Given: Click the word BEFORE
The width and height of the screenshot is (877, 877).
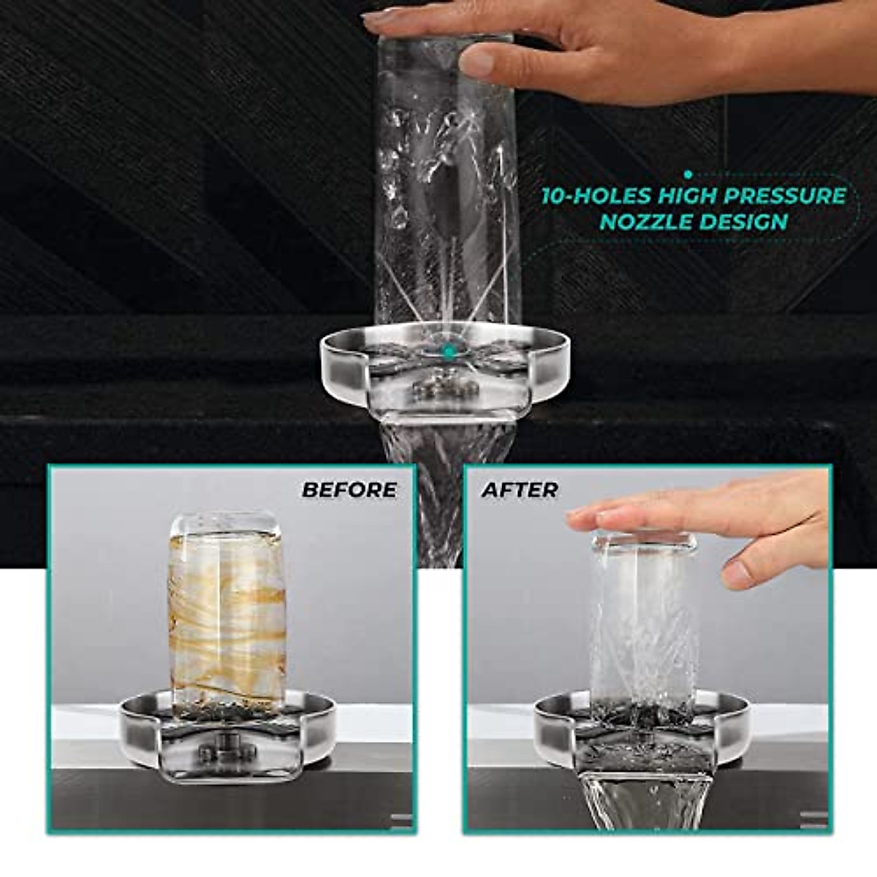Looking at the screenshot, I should (349, 489).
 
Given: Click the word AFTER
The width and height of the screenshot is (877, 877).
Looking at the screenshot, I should (520, 489).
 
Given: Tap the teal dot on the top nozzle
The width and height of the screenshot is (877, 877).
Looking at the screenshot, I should (449, 352).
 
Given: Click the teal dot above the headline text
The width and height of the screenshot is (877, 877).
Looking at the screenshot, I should (688, 174).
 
